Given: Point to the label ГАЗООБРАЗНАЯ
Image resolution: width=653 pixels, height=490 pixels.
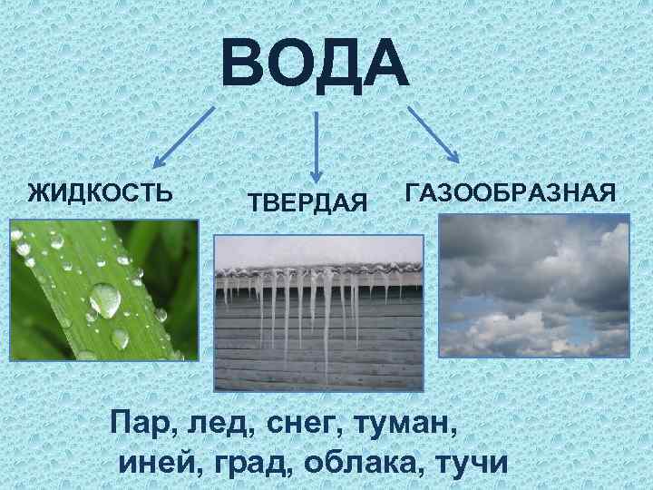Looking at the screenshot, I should [512, 193].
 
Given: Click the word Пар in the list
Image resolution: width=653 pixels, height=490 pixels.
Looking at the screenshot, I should [139, 423].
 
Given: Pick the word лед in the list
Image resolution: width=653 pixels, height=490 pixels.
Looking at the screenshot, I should [217, 423].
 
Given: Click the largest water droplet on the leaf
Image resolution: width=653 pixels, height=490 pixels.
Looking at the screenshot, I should [105, 300].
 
